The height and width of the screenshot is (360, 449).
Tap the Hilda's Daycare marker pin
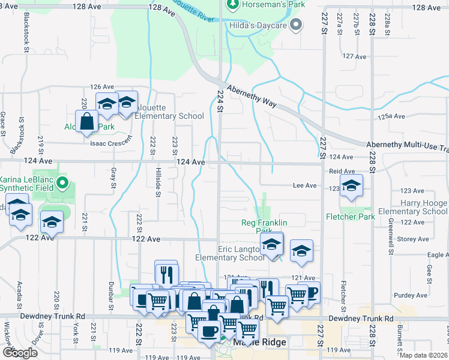295,25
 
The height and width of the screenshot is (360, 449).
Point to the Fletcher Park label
350,216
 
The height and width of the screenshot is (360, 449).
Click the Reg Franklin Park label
264,227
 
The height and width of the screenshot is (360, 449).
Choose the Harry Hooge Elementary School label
412,208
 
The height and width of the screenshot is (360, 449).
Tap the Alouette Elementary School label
170,112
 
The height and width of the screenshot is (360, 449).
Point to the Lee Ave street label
304,186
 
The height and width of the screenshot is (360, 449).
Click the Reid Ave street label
340,171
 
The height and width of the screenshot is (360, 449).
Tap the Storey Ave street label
413,239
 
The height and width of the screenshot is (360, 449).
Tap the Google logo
20,353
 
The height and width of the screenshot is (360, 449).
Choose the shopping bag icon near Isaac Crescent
87,121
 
